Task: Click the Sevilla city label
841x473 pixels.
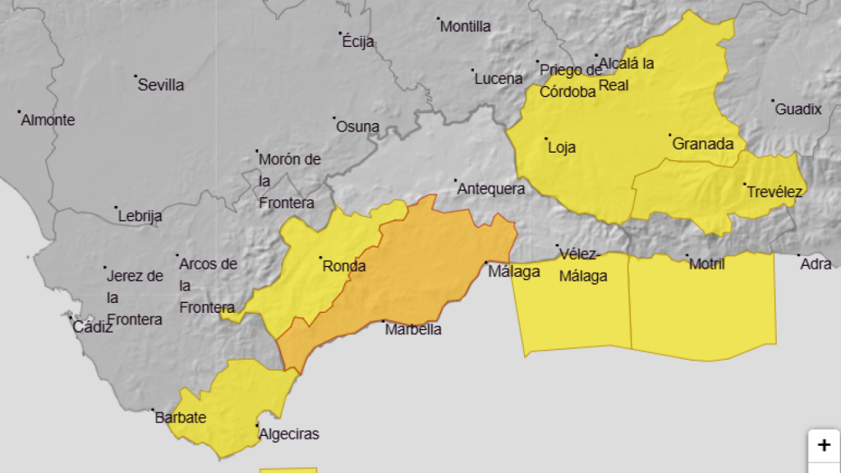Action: [161, 85]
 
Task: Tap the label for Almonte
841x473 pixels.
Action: [48, 121]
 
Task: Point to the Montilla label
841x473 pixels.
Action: [466, 26]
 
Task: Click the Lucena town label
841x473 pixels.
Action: [499, 79]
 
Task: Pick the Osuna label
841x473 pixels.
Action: [358, 127]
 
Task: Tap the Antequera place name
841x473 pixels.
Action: [491, 189]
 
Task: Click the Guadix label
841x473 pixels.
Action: [798, 109]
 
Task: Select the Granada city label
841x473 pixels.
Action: [703, 145]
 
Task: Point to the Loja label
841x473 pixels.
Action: [562, 148]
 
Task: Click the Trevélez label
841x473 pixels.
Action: [774, 192]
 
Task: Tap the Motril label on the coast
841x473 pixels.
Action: [707, 264]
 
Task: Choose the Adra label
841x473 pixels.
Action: [816, 264]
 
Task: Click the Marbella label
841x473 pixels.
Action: [414, 330]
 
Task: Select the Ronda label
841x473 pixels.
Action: [344, 266]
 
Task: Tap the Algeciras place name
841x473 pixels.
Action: [288, 434]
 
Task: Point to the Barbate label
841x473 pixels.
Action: [181, 418]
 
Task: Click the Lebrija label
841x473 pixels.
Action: [140, 217]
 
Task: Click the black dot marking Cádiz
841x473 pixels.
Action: [71, 319]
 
